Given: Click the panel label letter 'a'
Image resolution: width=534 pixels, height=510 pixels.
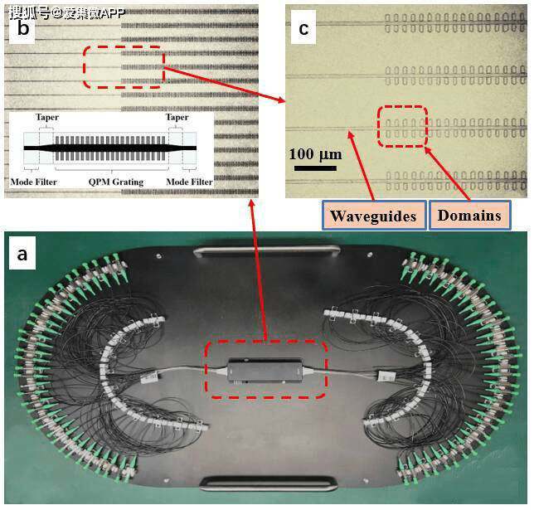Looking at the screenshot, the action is (22, 255).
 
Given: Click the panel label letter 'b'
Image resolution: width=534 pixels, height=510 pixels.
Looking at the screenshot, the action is (22, 28).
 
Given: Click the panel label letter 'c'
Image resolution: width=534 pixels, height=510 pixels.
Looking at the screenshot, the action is (303, 29).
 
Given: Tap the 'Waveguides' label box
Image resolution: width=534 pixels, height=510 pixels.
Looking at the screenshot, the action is (374, 216).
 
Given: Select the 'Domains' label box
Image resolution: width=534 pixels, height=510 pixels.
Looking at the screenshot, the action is (469, 215).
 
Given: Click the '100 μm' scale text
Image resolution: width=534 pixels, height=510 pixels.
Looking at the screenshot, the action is (315, 155).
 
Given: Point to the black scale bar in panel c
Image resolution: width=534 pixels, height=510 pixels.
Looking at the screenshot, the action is (315, 168).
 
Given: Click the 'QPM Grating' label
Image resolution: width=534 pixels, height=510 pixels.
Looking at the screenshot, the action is (116, 182).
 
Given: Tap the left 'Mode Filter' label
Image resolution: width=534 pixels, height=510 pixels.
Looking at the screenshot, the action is (34, 182).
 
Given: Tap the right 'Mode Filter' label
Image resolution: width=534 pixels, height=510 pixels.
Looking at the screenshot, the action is (189, 182).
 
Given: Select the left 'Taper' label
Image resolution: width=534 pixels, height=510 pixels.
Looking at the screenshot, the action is (47, 117).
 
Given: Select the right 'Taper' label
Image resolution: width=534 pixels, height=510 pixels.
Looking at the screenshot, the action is (177, 117).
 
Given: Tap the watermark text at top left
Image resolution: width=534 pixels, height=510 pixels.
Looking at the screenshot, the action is (66, 13).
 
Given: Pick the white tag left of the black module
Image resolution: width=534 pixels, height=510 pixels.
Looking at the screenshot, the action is (149, 377).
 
